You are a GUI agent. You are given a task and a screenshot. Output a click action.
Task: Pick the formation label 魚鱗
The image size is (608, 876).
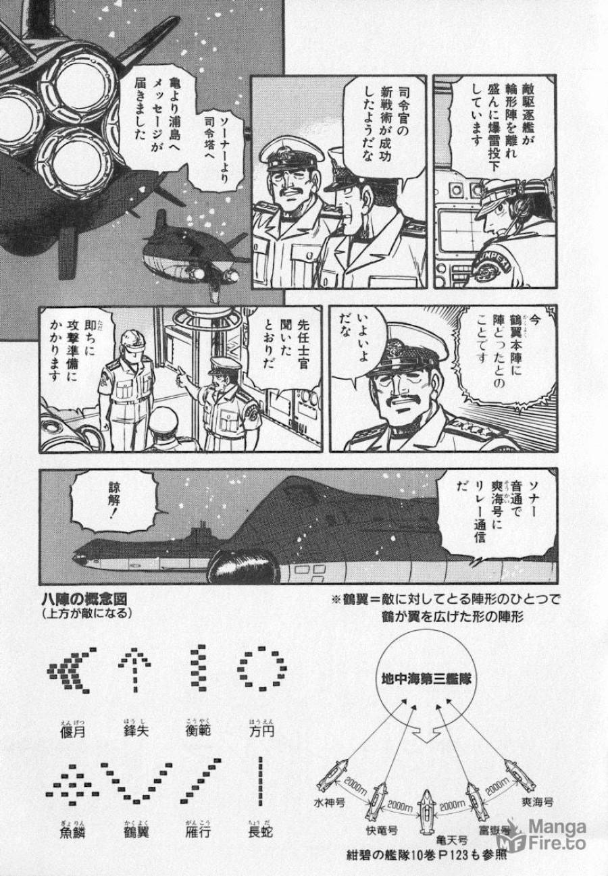[x=70, y=832]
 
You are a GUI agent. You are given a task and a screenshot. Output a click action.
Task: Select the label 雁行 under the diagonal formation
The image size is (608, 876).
[x=197, y=832]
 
